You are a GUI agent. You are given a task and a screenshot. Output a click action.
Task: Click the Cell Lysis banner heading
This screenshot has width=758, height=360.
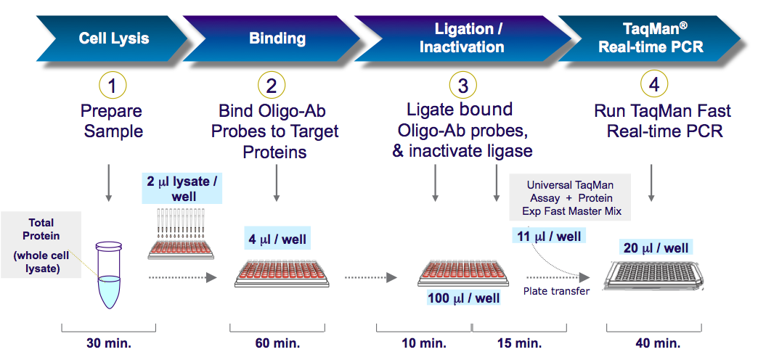pos(113,38)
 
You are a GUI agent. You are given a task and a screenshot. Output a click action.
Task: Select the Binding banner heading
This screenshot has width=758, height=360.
pos(277,38)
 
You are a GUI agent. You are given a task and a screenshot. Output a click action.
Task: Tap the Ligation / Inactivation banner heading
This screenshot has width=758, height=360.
pos(462,38)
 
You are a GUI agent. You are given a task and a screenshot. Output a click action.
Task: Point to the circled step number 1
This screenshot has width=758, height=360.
pos(112,86)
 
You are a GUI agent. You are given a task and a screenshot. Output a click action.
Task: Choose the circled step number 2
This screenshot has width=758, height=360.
pos(272,86)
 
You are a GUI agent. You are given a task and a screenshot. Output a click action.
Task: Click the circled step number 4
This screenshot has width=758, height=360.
pos(654,85)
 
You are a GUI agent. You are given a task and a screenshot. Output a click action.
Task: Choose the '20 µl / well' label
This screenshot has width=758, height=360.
pos(656,248)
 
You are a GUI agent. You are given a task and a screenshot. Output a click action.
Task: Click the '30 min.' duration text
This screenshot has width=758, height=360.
pos(110,343)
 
